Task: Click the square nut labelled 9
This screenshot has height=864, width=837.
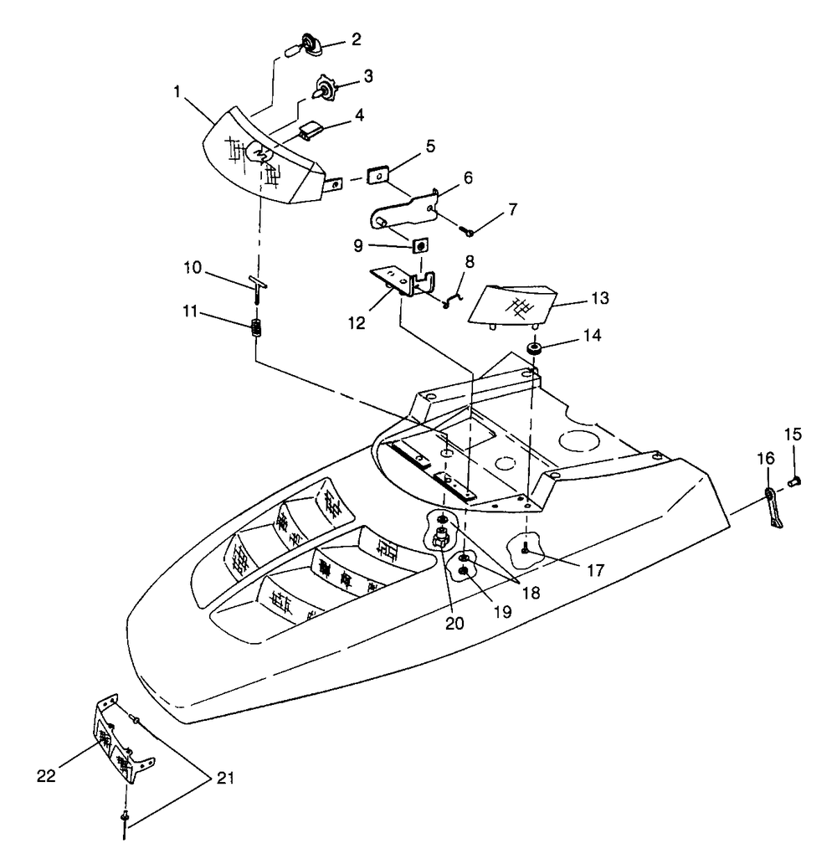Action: [x=421, y=244]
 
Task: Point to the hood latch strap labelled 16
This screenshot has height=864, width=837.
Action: [x=774, y=508]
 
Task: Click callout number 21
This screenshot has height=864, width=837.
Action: [x=223, y=779]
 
